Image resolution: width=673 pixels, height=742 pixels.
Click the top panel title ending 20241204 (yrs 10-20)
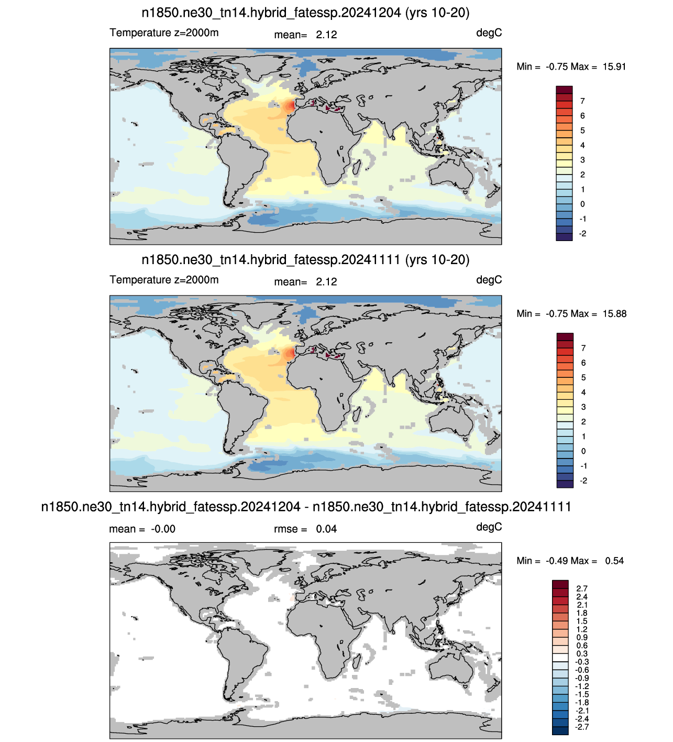click(305, 13)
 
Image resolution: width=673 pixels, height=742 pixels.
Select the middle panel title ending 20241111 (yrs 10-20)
click(305, 260)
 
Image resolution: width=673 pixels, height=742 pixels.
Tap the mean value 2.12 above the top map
click(326, 35)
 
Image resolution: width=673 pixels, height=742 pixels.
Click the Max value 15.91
click(614, 67)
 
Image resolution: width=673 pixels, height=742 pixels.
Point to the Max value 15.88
click(614, 314)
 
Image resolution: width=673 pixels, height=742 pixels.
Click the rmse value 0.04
click(326, 529)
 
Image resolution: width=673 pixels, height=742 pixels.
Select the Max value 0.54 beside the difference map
click(614, 561)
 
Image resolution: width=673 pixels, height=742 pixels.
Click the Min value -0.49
click(557, 561)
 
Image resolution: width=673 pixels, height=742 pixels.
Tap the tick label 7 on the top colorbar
click(582, 101)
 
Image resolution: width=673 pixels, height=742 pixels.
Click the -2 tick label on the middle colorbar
click(583, 481)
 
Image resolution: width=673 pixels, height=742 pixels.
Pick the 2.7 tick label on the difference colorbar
click(582, 589)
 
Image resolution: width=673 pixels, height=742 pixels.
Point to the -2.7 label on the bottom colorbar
click(581, 727)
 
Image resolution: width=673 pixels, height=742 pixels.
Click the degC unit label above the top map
click(489, 34)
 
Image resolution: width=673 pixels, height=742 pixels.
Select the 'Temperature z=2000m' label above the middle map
click(164, 280)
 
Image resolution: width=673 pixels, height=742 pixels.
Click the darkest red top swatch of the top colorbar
click(564, 90)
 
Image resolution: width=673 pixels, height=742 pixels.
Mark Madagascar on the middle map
click(357, 414)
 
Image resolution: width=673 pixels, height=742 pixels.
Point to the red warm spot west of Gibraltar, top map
click(289, 106)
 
